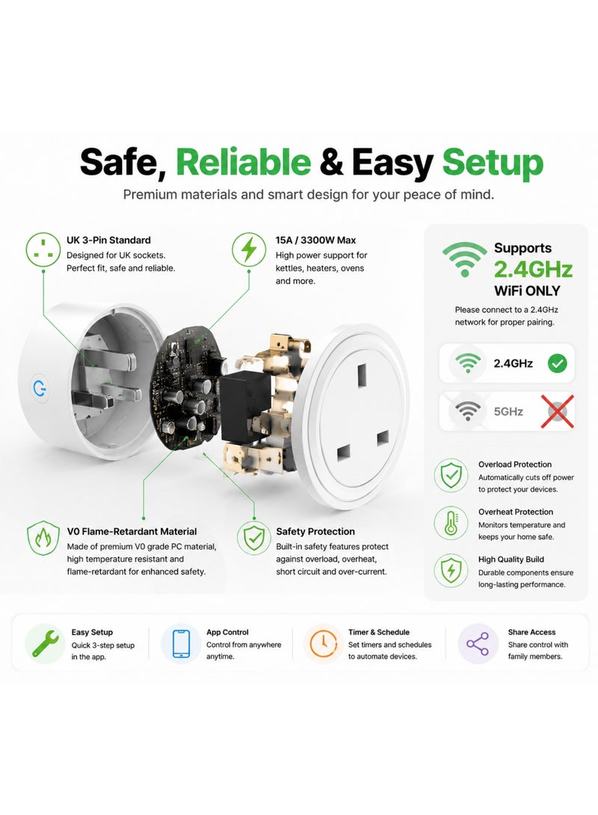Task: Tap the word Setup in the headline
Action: point(493,164)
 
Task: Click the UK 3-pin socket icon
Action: point(43,250)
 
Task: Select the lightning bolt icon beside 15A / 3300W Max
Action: point(249,250)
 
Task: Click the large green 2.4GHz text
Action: point(533,269)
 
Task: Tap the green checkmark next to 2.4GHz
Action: point(558,363)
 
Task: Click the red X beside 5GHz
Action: point(558,412)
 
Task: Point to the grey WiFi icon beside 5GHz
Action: point(468,412)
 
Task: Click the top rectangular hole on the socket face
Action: point(362,375)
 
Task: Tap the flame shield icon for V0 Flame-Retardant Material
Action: point(43,538)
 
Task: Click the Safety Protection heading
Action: point(315,531)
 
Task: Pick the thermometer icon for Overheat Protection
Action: point(451,523)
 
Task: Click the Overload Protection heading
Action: point(515,464)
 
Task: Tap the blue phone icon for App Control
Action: point(180,643)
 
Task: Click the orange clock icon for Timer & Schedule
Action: point(323,643)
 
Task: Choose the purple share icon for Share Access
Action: point(478,643)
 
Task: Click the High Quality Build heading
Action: point(511,560)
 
